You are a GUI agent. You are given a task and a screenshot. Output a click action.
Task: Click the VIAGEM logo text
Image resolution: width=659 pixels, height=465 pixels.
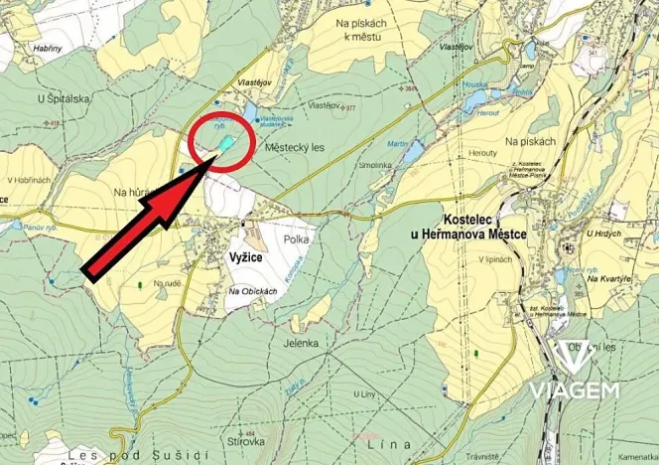pyautogui.click(x=575, y=388)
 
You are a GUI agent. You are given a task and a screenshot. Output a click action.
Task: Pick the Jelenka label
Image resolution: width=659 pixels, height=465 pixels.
pyautogui.click(x=300, y=342)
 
